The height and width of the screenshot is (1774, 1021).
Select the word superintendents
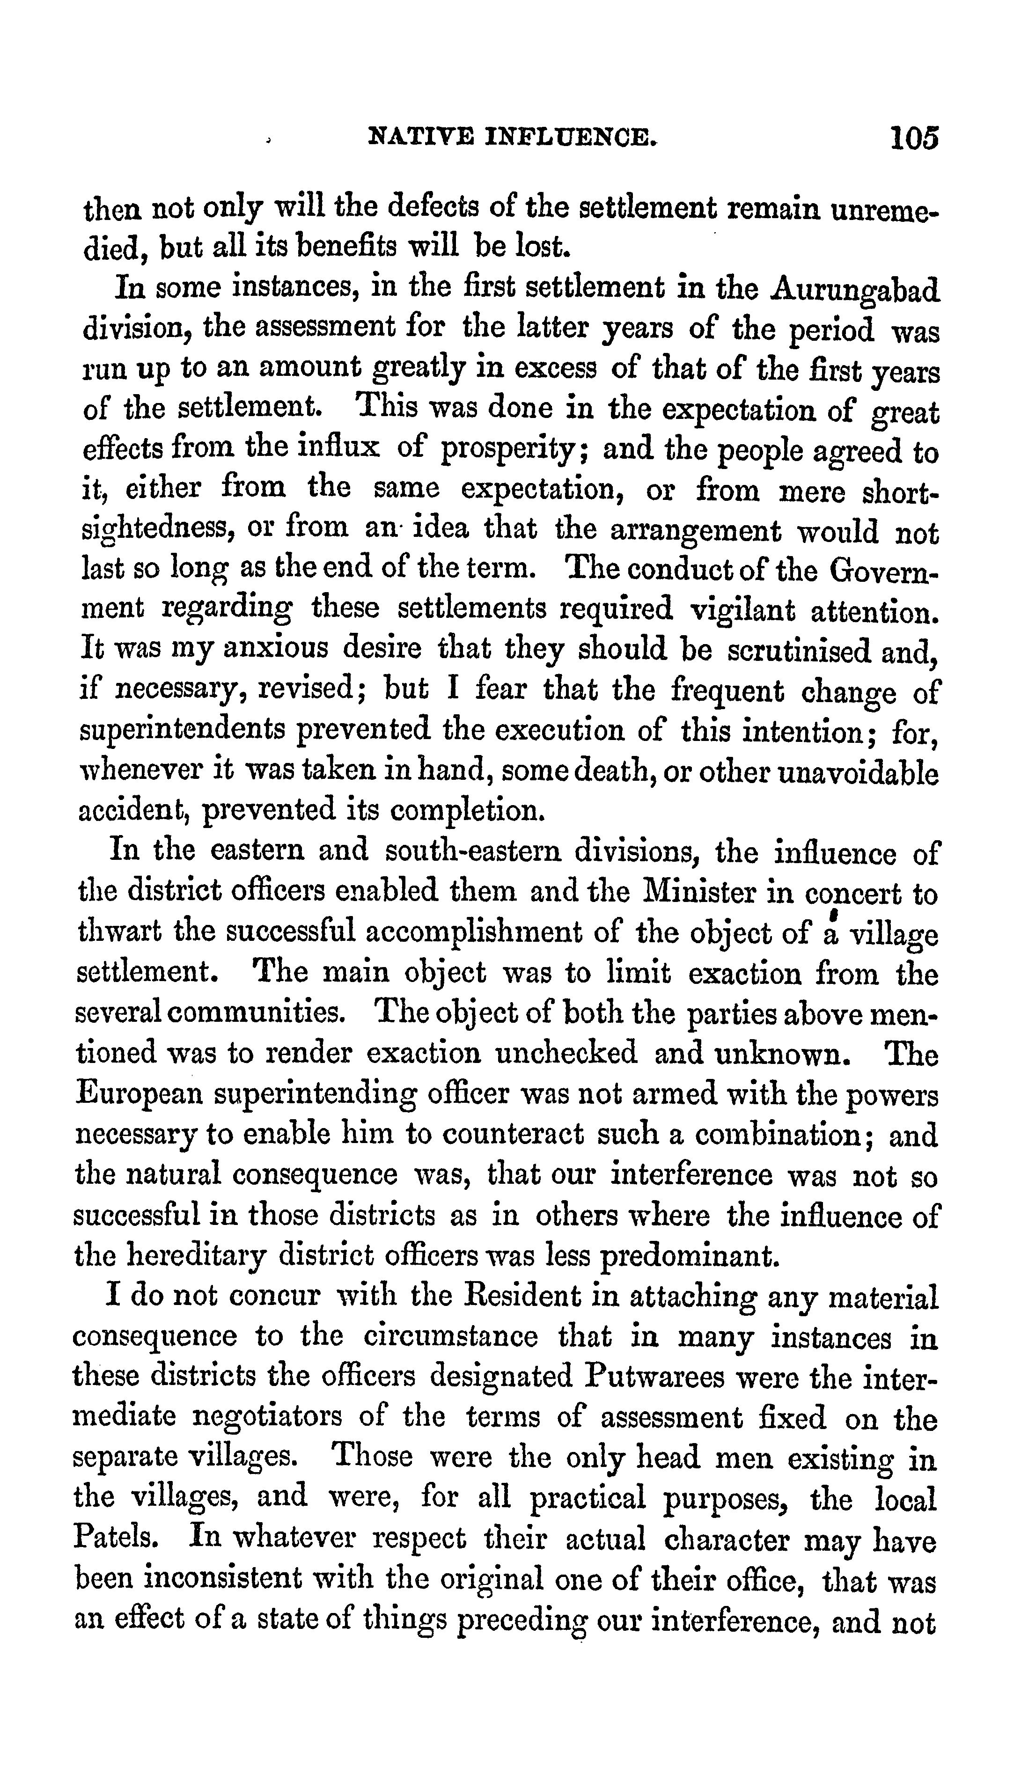point(182,730)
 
